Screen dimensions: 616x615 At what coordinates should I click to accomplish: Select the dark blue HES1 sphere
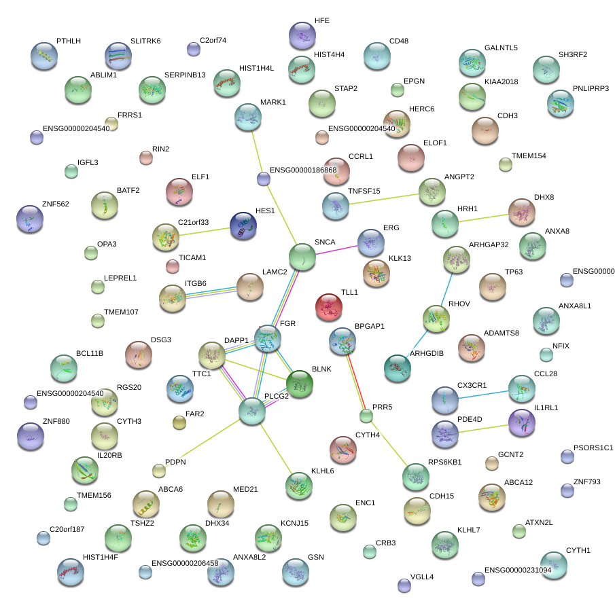point(243,226)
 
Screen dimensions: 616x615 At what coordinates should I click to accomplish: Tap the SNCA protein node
point(302,257)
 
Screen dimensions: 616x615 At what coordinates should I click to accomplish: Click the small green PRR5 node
point(366,416)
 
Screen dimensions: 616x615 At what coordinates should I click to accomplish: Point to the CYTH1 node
point(554,565)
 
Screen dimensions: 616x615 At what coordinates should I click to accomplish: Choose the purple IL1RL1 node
point(522,422)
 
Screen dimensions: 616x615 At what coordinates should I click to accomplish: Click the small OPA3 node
point(91,253)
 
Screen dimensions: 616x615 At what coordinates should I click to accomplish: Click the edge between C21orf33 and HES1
point(204,232)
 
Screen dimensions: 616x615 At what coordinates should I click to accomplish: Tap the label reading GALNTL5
point(501,48)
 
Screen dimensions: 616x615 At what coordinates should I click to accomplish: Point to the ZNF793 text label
point(587,482)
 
